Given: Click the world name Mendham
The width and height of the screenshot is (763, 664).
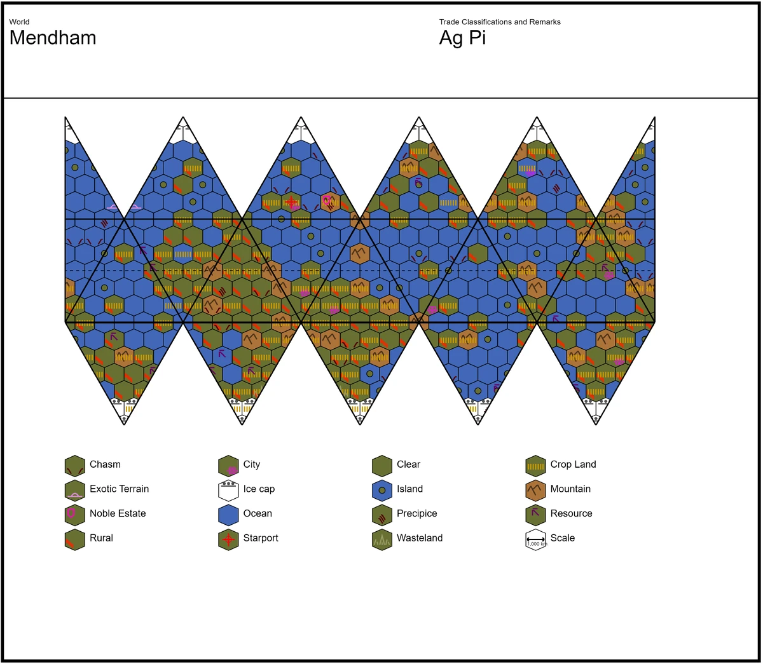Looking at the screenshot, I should coord(53,38).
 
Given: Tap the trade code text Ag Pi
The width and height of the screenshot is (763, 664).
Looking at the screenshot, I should coord(462,38).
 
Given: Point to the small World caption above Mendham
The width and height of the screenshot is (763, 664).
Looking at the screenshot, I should coord(19,22).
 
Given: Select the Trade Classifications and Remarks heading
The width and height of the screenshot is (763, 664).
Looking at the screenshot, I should coord(500,22).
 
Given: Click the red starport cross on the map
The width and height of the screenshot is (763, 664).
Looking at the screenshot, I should coord(291,203).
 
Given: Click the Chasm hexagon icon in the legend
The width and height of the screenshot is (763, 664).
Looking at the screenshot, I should coord(75,465).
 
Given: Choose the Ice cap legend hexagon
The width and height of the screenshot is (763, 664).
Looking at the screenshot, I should coord(228,490).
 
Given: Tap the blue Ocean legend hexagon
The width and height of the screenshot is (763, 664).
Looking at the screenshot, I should coord(228,514).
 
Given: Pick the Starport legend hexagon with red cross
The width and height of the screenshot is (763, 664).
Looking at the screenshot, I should coord(228,539).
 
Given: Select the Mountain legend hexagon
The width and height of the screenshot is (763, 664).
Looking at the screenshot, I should coord(535,490).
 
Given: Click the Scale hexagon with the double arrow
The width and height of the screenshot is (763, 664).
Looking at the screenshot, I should coord(535,539).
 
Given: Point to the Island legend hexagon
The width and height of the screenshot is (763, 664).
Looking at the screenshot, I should coord(381,490).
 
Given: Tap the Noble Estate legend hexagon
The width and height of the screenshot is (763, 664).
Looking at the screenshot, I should coord(75,514).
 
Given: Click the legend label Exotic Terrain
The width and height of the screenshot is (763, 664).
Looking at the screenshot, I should coord(119,489).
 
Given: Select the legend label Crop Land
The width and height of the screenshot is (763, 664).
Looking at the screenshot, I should coord(573,464).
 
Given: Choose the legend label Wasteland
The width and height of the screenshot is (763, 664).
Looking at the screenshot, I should coord(419,538).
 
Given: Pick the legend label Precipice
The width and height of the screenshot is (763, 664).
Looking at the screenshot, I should coord(416,513).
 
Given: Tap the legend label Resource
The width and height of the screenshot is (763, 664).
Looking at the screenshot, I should coord(571,513).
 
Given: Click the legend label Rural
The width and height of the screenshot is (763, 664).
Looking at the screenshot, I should coord(101,538).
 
